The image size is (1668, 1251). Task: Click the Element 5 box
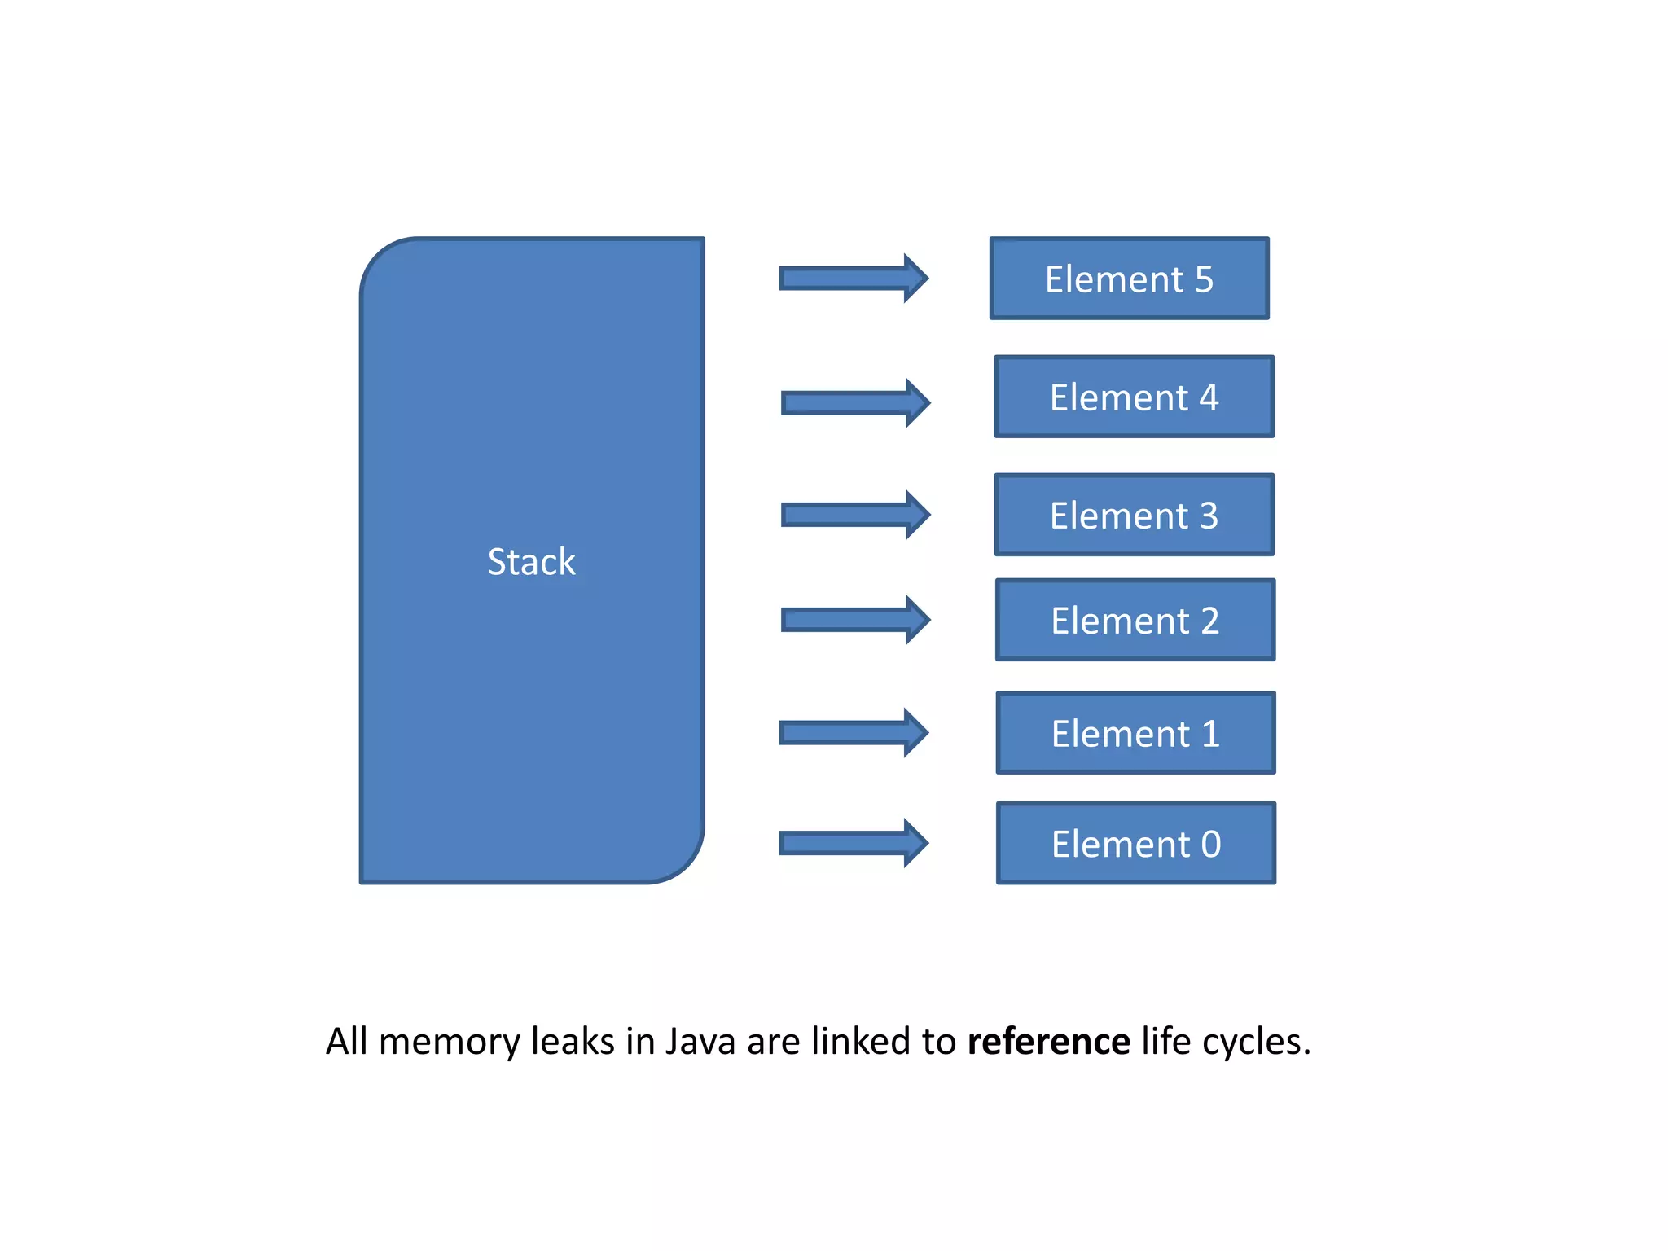[1129, 279]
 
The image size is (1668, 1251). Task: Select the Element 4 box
[1134, 397]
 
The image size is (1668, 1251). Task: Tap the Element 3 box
[1134, 515]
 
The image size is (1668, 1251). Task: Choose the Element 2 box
[1135, 620]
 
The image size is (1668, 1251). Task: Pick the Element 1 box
[1135, 733]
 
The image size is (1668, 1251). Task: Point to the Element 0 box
[1135, 843]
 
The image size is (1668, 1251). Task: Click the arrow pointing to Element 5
[852, 278]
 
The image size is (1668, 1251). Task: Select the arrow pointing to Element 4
[854, 402]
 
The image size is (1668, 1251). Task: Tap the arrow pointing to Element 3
[854, 515]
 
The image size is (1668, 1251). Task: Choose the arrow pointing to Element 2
[854, 620]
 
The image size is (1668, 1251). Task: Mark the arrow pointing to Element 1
[852, 732]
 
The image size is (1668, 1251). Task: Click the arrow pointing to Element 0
[852, 843]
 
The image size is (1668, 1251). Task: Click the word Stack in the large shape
[531, 561]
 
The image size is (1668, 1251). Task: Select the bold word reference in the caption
[1048, 1042]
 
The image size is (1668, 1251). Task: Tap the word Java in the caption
[700, 1042]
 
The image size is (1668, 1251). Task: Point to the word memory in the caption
[449, 1042]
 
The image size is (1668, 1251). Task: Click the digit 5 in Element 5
[1204, 279]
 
